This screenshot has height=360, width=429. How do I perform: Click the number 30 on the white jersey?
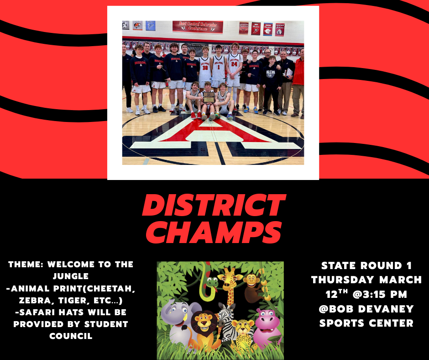(x=205, y=67)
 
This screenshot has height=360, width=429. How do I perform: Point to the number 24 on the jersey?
(x=234, y=64)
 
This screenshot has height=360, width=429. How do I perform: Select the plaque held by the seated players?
(x=209, y=98)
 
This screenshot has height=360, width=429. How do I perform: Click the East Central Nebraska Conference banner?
(x=197, y=26)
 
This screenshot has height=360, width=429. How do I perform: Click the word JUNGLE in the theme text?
(x=71, y=276)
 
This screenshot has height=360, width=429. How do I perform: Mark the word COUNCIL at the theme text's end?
(x=71, y=336)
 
